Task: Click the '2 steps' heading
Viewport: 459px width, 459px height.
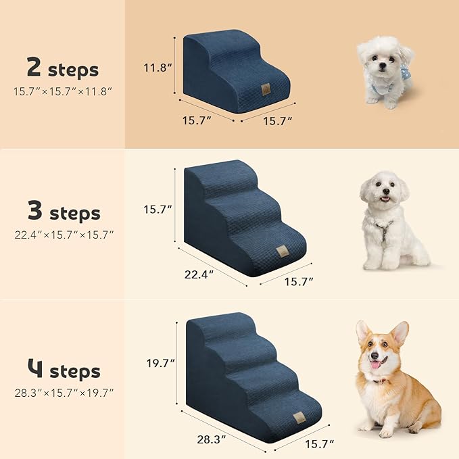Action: [x=62, y=68]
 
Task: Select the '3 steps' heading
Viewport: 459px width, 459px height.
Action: [x=64, y=214]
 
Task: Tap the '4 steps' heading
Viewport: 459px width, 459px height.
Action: [x=64, y=371]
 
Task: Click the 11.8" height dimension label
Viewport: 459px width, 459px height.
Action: [x=157, y=68]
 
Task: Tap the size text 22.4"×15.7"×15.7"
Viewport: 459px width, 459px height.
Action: [x=64, y=235]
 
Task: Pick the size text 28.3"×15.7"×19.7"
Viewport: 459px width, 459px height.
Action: [x=64, y=392]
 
